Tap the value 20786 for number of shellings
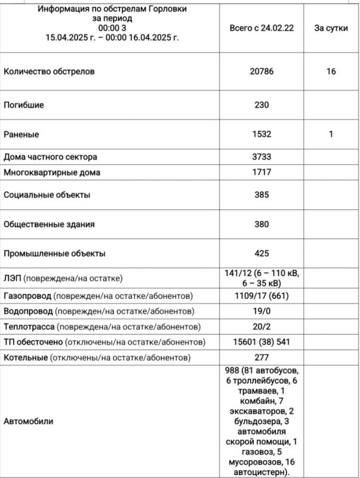coord(261,71)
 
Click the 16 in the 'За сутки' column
coord(331,71)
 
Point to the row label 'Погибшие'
coord(24,105)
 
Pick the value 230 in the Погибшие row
coord(261,105)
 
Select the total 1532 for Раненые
coord(261,134)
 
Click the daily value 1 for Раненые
coord(331,134)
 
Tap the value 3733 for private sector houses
coord(261,157)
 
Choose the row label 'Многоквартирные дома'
coord(52,173)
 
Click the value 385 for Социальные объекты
coord(261,195)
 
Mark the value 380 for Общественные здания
coord(261,225)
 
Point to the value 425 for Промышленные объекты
coord(261,253)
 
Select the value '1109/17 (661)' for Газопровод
coord(261,296)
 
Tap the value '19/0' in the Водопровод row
coord(261,311)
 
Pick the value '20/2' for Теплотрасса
coord(261,327)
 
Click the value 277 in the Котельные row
coord(261,357)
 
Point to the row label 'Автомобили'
coord(29,421)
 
